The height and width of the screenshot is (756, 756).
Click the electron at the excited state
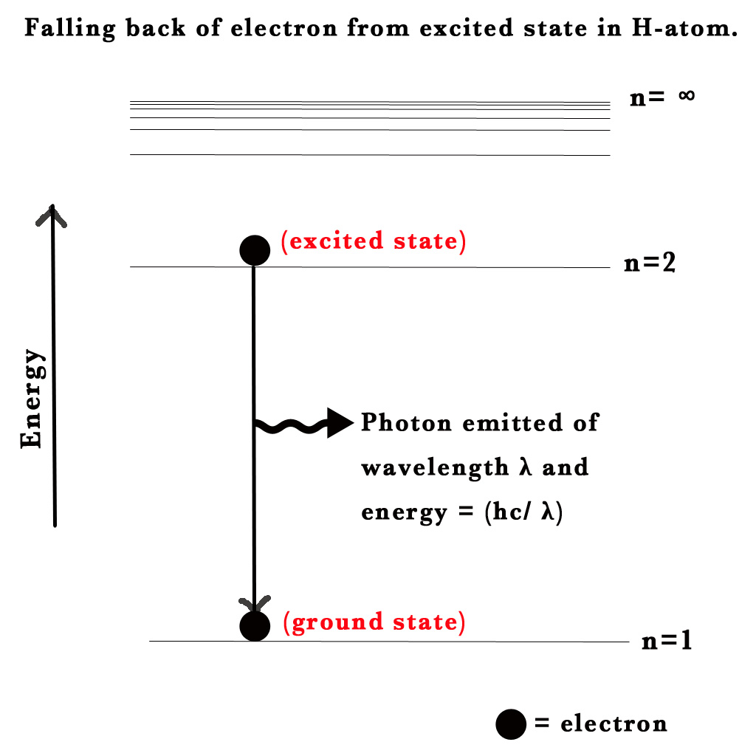(255, 250)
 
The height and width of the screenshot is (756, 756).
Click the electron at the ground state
(255, 626)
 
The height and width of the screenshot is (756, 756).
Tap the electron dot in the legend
(511, 724)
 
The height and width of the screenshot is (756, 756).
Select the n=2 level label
(650, 264)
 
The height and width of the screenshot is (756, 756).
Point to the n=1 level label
(667, 640)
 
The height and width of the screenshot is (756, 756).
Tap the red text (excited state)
(374, 241)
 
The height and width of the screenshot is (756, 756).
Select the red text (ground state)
(374, 622)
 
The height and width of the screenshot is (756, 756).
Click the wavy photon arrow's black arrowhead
(340, 423)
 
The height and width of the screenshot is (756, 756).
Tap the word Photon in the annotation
(406, 423)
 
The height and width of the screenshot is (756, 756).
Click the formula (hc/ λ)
(523, 512)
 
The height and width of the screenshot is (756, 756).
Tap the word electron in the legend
(614, 724)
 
